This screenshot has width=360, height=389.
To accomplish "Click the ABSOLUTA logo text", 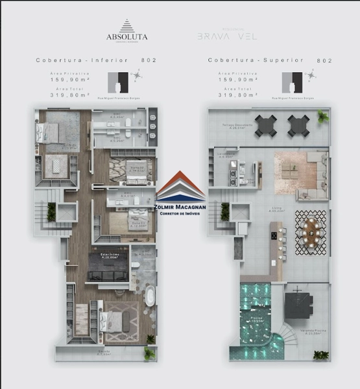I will [x=128, y=36].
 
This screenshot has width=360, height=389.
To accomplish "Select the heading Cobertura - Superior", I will [x=256, y=60].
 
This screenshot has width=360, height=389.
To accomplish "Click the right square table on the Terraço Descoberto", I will [x=298, y=124].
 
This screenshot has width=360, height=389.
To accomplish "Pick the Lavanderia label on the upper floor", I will [x=226, y=154].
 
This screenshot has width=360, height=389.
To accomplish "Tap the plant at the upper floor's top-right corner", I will [x=322, y=117].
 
